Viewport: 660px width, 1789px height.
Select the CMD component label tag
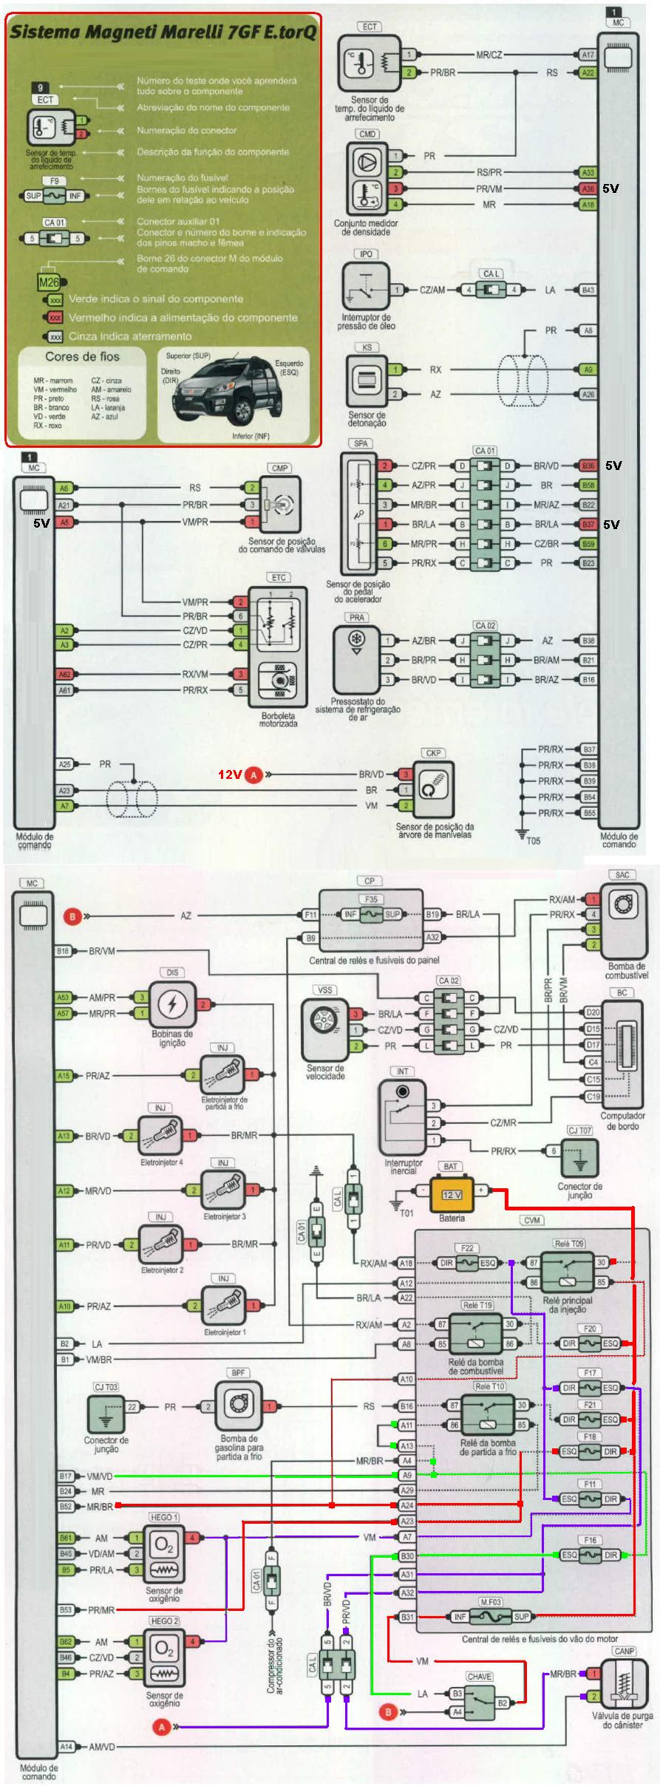tap(367, 134)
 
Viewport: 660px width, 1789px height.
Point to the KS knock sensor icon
tap(366, 381)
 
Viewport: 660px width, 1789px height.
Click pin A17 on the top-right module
tap(588, 55)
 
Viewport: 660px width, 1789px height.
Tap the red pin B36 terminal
tap(588, 466)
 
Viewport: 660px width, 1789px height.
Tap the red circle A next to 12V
tap(254, 775)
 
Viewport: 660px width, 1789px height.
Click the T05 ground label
tap(533, 840)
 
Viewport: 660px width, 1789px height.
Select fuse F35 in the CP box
tap(371, 914)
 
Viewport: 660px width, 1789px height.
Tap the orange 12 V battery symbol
tap(452, 1194)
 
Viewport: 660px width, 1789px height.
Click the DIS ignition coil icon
tap(172, 1005)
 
